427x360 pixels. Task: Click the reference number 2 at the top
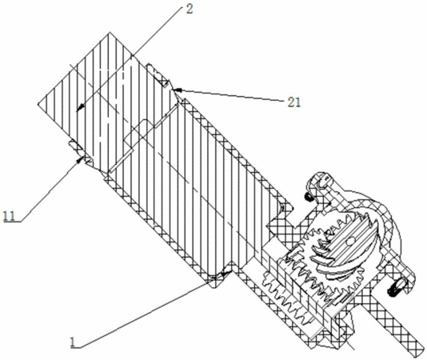pos(190,10)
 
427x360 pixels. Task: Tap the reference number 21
pos(294,102)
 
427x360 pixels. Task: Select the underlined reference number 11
pos(10,216)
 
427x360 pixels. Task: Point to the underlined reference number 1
pos(73,342)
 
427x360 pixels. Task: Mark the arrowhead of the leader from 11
pos(79,160)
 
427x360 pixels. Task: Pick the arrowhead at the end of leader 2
pos(79,108)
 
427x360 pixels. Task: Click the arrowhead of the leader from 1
pos(226,274)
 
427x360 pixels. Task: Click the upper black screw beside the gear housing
pos(308,197)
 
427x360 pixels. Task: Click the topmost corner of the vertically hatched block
pos(110,32)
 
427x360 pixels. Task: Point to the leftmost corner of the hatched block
pos(38,104)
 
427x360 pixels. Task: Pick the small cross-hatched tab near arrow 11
pos(76,146)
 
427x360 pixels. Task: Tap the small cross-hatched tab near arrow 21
pos(158,74)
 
